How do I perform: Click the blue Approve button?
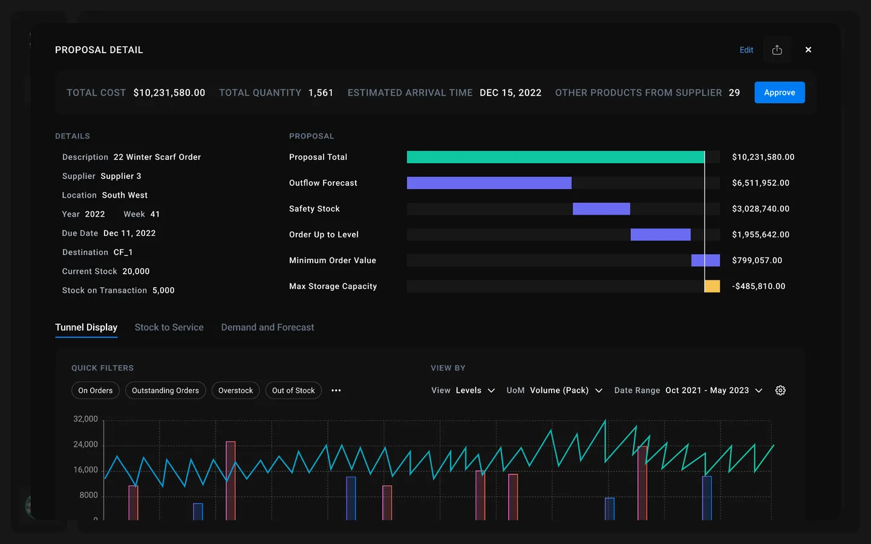(x=779, y=92)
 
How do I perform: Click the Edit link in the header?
(x=746, y=50)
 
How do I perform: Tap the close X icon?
(x=808, y=50)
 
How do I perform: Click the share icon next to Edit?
(x=777, y=50)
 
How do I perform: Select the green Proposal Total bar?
(x=555, y=157)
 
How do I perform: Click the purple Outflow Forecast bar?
(x=489, y=183)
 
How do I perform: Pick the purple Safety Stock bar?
(x=601, y=209)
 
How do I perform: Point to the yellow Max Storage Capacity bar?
(x=713, y=287)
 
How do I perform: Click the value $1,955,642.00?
(x=760, y=235)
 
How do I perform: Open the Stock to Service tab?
(x=169, y=328)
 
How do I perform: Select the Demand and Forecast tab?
(x=267, y=328)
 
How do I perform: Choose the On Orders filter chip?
(x=96, y=390)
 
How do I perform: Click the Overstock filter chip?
(x=235, y=390)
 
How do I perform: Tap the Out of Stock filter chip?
(x=293, y=390)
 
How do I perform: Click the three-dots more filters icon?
(x=336, y=390)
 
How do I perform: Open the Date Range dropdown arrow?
(x=758, y=390)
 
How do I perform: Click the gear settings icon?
(x=780, y=390)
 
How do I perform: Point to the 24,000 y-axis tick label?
(x=85, y=444)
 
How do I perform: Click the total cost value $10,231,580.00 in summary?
(x=169, y=92)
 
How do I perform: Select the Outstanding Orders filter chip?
(x=165, y=390)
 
